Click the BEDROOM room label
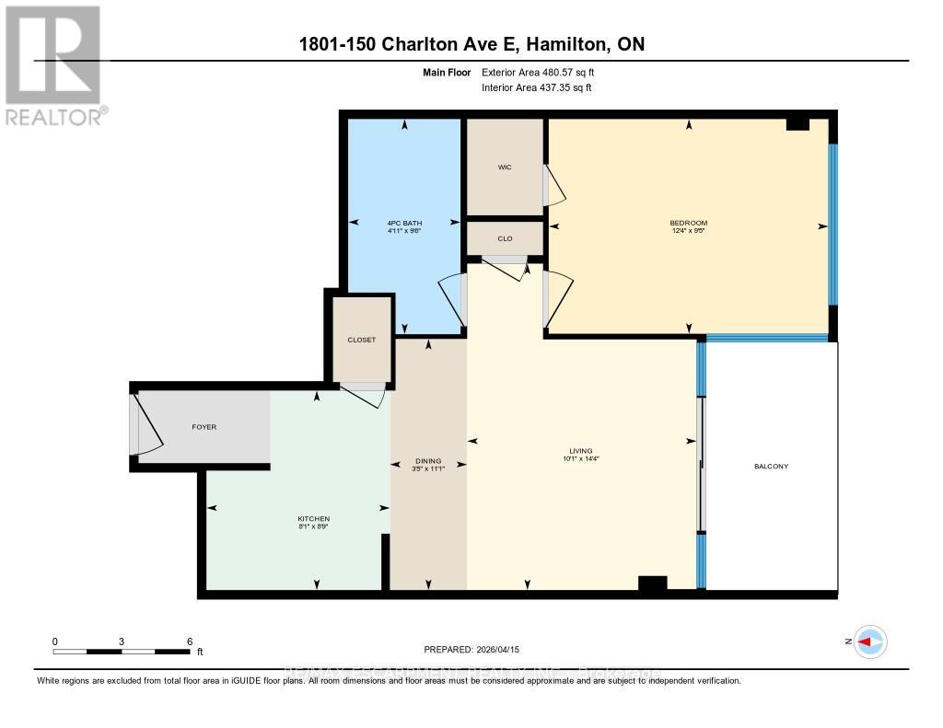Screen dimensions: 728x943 [x=688, y=223]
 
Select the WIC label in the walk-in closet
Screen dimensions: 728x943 [x=505, y=168]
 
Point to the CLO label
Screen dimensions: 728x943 [x=505, y=238]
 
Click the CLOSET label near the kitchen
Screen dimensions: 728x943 [x=361, y=340]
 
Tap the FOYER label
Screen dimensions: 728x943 [x=204, y=427]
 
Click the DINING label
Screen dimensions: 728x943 [x=428, y=461]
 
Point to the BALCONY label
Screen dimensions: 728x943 [x=771, y=467]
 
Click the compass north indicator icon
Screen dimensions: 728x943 [x=869, y=641]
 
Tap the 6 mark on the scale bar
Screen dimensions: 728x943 [x=189, y=641]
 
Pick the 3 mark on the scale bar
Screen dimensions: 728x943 [x=122, y=641]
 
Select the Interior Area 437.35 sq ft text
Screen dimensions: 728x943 [x=537, y=88]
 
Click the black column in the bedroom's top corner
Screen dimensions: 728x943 [x=797, y=124]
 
